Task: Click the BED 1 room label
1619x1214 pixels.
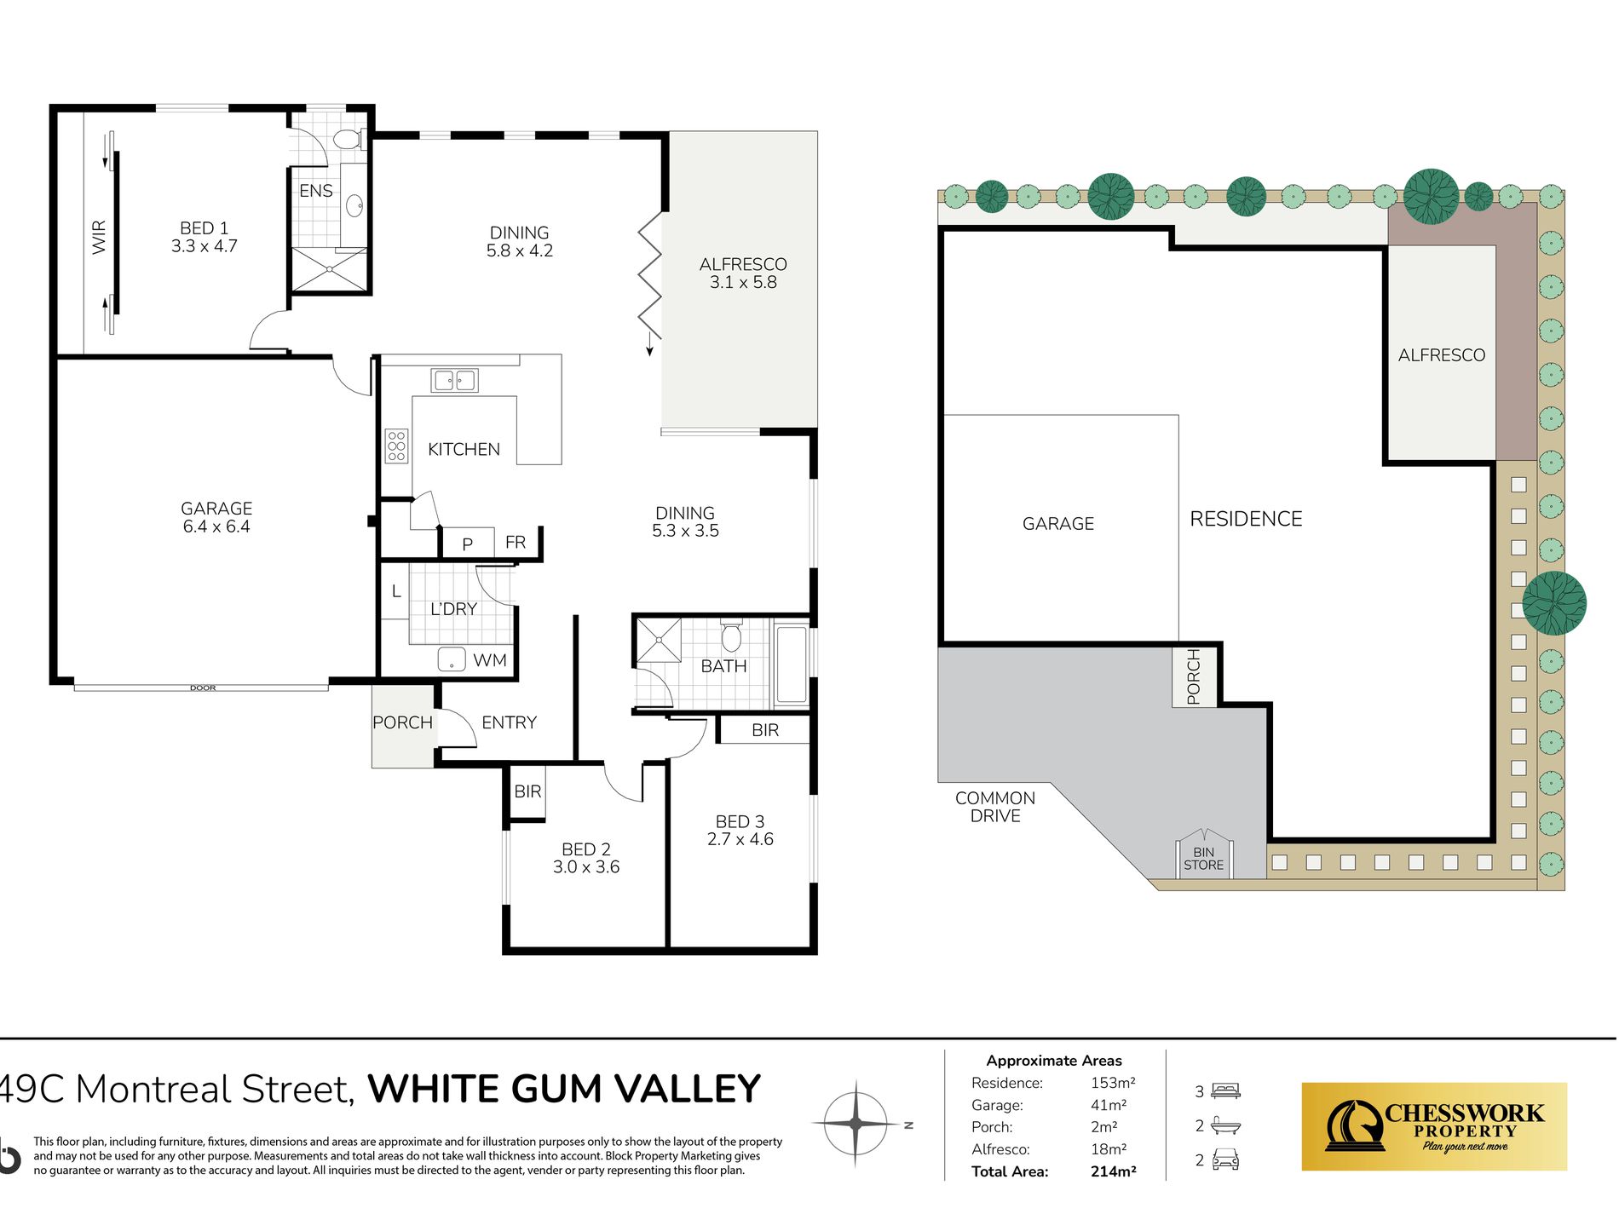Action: click(204, 237)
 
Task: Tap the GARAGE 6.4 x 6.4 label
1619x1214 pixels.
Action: click(216, 517)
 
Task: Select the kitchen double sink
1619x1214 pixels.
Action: click(454, 380)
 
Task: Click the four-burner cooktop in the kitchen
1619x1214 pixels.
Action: click(396, 446)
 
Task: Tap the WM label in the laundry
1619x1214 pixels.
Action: click(490, 660)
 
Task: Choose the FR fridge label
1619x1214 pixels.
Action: click(516, 542)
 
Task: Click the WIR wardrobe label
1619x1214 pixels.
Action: click(99, 237)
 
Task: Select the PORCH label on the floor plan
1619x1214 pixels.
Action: click(402, 722)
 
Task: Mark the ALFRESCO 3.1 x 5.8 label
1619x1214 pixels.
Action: click(743, 273)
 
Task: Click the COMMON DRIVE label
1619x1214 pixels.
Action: click(995, 807)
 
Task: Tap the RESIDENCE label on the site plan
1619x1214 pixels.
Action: click(1246, 519)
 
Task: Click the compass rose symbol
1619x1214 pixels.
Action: click(856, 1124)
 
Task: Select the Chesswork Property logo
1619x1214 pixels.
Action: click(1434, 1126)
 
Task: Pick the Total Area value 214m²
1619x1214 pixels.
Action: click(1113, 1171)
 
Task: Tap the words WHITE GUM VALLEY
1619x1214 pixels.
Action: click(564, 1089)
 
